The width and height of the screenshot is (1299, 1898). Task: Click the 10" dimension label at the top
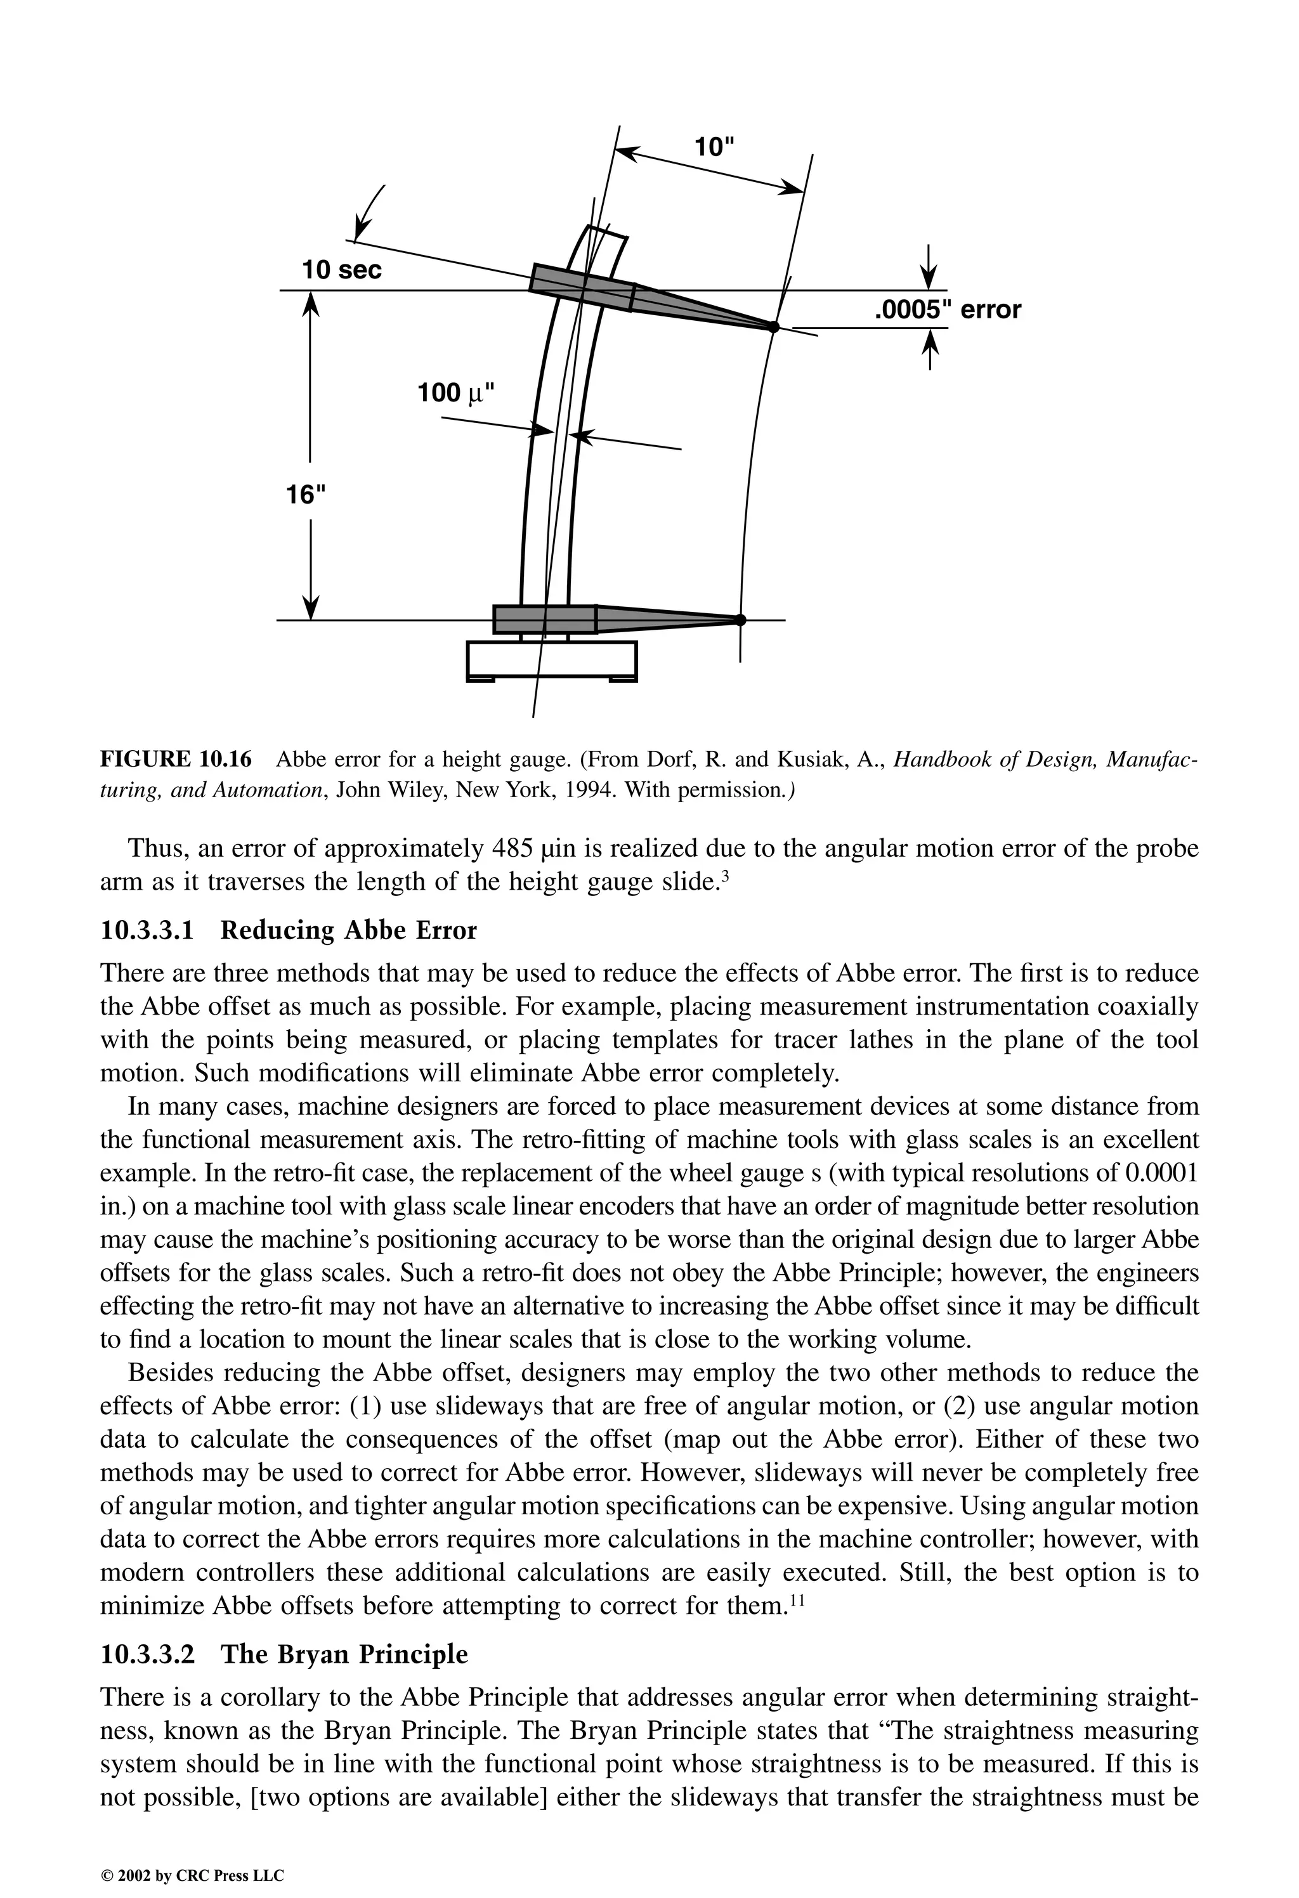tap(714, 148)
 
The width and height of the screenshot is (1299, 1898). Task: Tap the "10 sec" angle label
tap(341, 270)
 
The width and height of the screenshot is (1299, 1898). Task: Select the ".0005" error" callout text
tap(948, 309)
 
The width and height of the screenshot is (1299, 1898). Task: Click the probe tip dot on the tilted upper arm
tap(773, 327)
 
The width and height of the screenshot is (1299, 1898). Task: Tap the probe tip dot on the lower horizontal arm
tap(740, 620)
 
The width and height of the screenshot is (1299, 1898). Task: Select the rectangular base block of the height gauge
tap(551, 660)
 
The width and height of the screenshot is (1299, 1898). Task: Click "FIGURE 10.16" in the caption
tap(176, 760)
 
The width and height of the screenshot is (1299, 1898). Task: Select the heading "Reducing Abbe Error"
tap(349, 930)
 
